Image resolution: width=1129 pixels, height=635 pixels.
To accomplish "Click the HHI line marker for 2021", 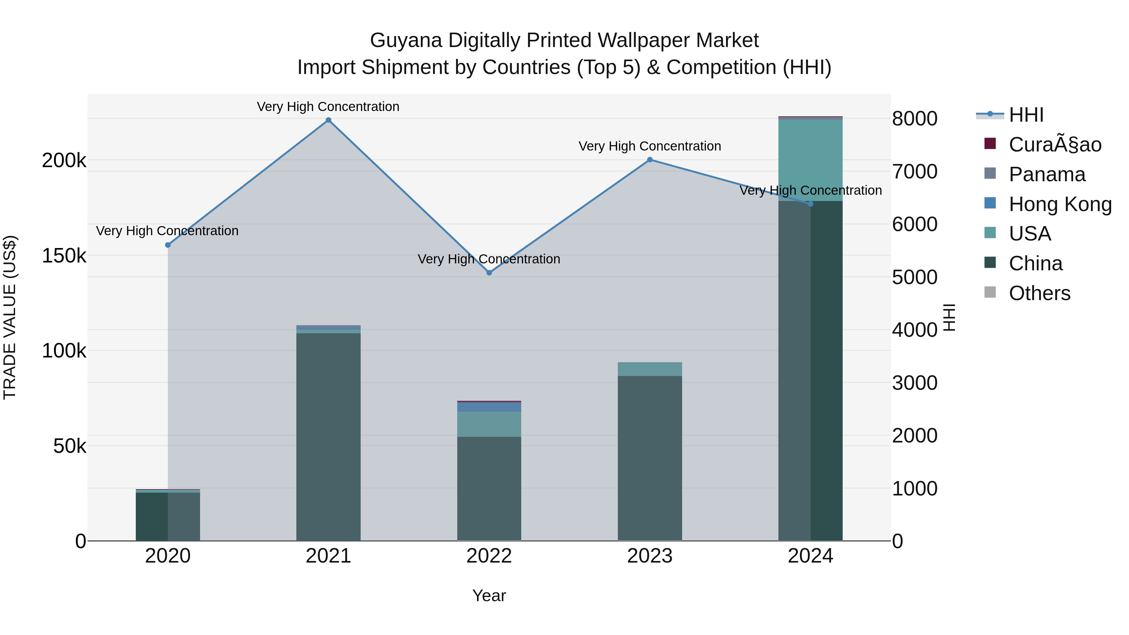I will pyautogui.click(x=328, y=120).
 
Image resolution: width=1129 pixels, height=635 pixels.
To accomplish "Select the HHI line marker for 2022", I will pyautogui.click(x=489, y=273).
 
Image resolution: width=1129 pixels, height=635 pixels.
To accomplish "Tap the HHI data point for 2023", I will pyautogui.click(x=649, y=160).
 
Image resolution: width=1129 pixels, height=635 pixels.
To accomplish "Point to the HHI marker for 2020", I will pyautogui.click(x=168, y=245).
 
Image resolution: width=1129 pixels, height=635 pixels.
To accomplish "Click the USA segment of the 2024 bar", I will pyautogui.click(x=810, y=160).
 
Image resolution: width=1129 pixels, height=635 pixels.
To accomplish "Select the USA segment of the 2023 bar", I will pyautogui.click(x=649, y=369).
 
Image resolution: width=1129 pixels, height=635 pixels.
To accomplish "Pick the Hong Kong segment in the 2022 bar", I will pyautogui.click(x=489, y=407).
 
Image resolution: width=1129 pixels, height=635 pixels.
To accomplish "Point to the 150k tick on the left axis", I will pyautogui.click(x=64, y=256).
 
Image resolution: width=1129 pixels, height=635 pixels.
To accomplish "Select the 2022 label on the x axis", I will pyautogui.click(x=489, y=556).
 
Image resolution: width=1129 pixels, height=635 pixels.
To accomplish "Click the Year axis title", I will pyautogui.click(x=489, y=595).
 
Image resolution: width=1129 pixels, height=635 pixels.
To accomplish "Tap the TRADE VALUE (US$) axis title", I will pyautogui.click(x=10, y=317).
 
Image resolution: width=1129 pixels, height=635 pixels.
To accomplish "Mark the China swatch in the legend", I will pyautogui.click(x=990, y=262).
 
